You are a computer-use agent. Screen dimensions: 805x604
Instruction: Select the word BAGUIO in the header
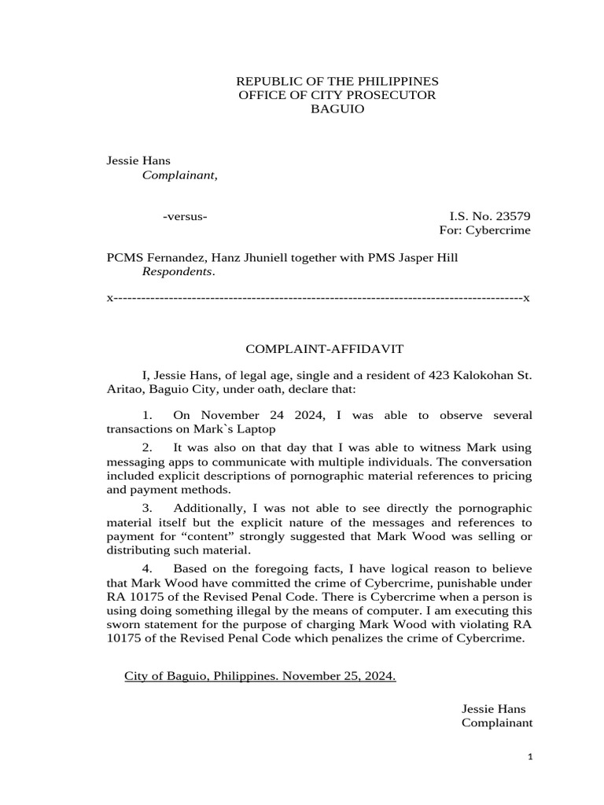(337, 109)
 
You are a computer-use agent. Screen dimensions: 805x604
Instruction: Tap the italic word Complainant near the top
(178, 175)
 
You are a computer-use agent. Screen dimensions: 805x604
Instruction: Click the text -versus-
(185, 216)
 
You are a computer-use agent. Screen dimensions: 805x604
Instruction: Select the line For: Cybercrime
(484, 230)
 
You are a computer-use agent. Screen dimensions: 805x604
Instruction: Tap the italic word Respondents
(176, 272)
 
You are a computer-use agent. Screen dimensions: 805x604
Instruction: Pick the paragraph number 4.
(146, 568)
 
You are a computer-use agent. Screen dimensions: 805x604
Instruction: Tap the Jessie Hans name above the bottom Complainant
(492, 708)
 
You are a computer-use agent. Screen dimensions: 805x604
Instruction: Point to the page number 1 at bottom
(530, 757)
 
